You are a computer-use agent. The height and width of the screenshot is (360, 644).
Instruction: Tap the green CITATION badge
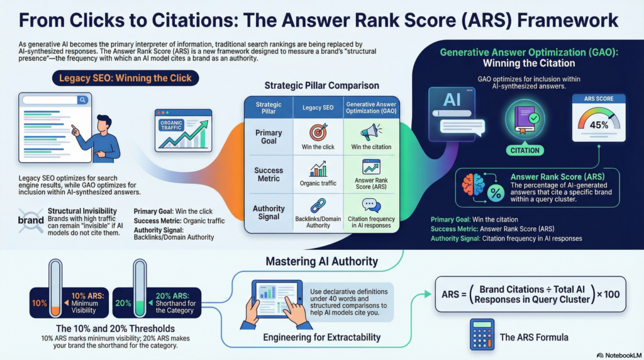(x=525, y=150)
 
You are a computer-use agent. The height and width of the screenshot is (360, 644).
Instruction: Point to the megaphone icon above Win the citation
(x=371, y=132)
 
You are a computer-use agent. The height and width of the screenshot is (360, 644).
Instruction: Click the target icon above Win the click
(x=318, y=132)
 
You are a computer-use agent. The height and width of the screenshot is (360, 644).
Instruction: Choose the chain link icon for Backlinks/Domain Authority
(x=318, y=205)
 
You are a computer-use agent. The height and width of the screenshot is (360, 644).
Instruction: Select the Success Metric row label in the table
(x=269, y=174)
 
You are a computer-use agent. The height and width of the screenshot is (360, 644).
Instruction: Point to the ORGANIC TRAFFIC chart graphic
(x=183, y=129)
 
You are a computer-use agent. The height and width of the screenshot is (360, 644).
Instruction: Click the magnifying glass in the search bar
(x=82, y=100)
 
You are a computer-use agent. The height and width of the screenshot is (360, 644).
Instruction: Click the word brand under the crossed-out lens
(x=31, y=221)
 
